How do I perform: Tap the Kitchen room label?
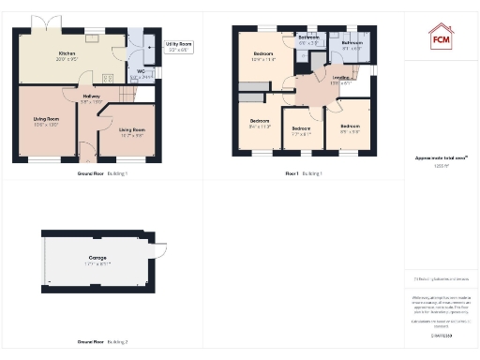click(66, 54)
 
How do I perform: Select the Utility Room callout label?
click(178, 44)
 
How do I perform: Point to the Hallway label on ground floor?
click(91, 95)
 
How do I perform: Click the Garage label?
click(97, 257)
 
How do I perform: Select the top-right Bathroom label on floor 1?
click(352, 43)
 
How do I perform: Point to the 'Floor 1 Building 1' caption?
click(305, 173)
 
